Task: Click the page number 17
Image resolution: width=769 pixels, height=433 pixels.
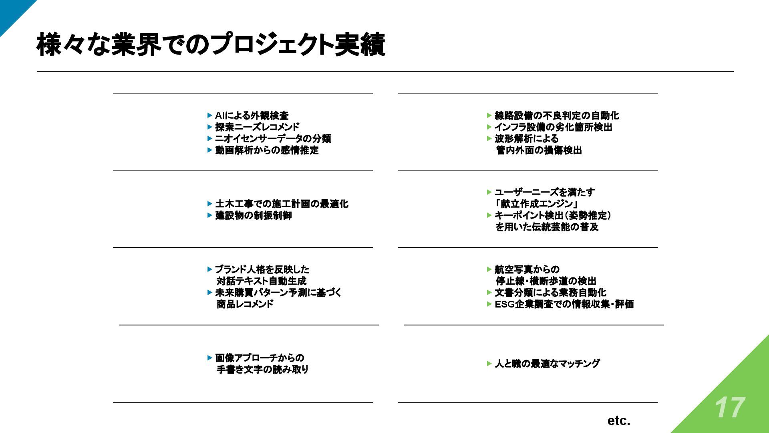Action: pyautogui.click(x=730, y=408)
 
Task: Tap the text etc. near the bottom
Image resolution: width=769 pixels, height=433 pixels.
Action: pyautogui.click(x=619, y=421)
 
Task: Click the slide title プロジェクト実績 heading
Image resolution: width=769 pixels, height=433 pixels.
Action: pyautogui.click(x=211, y=45)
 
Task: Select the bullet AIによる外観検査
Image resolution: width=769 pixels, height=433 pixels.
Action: pyautogui.click(x=252, y=116)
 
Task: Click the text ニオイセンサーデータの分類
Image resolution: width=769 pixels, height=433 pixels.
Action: pyautogui.click(x=273, y=139)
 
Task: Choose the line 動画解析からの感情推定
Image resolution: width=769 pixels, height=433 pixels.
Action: pyautogui.click(x=267, y=150)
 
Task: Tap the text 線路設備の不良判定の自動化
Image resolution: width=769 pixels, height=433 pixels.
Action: pyautogui.click(x=557, y=116)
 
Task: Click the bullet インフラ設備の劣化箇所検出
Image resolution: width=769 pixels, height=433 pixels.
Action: pyautogui.click(x=553, y=127)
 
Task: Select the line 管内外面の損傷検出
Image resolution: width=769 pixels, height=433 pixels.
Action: pyautogui.click(x=539, y=150)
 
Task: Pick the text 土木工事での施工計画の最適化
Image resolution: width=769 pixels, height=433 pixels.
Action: pyautogui.click(x=282, y=204)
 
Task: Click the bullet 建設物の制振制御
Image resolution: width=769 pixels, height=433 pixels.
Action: pyautogui.click(x=254, y=216)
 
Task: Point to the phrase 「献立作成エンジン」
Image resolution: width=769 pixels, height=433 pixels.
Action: pyautogui.click(x=536, y=204)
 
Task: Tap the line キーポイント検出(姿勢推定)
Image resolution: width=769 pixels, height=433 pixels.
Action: pyautogui.click(x=553, y=216)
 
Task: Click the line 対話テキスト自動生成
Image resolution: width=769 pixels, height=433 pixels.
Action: pyautogui.click(x=261, y=281)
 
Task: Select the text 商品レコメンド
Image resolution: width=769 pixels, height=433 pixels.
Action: pyautogui.click(x=245, y=304)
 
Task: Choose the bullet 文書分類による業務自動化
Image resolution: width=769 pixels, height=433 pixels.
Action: pyautogui.click(x=550, y=293)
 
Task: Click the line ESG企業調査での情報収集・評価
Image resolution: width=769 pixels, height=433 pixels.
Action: pyautogui.click(x=564, y=304)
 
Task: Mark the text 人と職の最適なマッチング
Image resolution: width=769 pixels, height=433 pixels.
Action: pyautogui.click(x=547, y=364)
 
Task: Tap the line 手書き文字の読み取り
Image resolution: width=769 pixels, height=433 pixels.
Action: pyautogui.click(x=262, y=370)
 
